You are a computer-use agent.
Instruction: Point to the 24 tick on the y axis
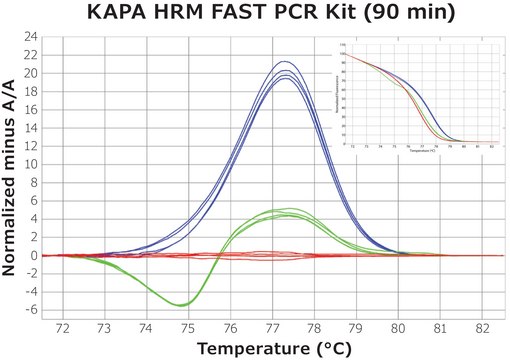[31, 37]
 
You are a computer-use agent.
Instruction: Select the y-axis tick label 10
[31, 164]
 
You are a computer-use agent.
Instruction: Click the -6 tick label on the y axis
[31, 310]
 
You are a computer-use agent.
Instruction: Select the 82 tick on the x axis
[483, 327]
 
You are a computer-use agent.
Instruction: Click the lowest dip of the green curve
[180, 305]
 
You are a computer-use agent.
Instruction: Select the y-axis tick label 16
[31, 110]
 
